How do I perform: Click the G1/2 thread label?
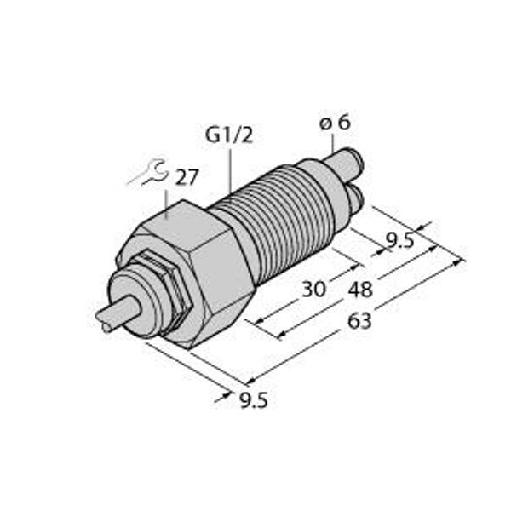(x=227, y=135)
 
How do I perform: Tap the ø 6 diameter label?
(x=335, y=123)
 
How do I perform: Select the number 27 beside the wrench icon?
(x=187, y=177)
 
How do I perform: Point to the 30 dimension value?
(x=314, y=290)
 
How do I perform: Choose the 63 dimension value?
(x=360, y=323)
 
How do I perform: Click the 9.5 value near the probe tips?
(x=400, y=241)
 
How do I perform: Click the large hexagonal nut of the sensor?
(x=196, y=264)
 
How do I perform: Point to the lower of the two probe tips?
(x=353, y=199)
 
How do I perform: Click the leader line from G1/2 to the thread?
(x=229, y=170)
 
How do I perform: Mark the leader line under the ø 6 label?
(x=333, y=143)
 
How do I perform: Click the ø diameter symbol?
(x=325, y=124)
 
